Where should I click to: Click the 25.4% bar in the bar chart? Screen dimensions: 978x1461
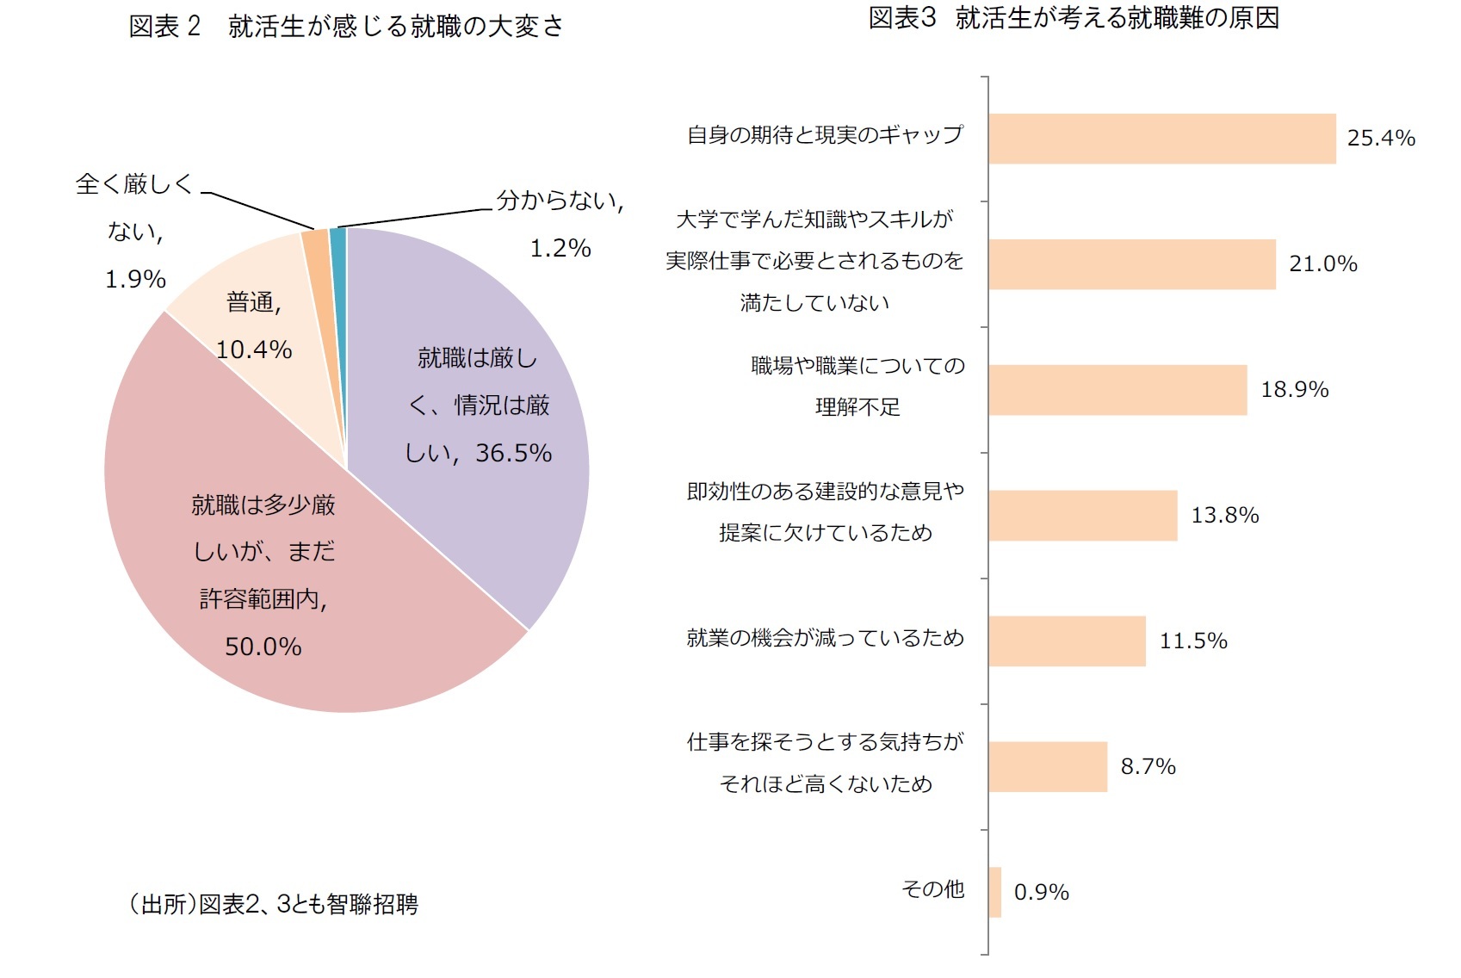[x=1161, y=139]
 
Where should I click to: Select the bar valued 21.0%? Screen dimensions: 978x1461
[x=1131, y=264]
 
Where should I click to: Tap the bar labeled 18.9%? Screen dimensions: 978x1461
[x=1117, y=390]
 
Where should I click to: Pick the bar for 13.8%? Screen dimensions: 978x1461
[x=1082, y=516]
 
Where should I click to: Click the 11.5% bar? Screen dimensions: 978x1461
[x=1067, y=641]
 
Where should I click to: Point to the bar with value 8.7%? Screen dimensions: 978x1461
[x=1047, y=767]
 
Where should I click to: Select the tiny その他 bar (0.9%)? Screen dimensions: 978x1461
[x=995, y=892]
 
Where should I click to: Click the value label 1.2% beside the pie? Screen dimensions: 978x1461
[x=560, y=249]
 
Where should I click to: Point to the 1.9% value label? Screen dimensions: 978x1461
[x=135, y=280]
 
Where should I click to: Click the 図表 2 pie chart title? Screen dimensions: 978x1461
[x=346, y=27]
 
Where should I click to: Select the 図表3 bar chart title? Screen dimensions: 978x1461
[x=1074, y=18]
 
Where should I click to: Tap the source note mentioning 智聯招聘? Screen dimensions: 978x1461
[x=273, y=904]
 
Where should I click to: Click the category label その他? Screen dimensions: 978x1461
[x=932, y=889]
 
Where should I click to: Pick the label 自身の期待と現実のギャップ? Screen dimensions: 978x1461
[x=825, y=135]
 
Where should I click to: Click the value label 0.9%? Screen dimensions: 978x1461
[x=1041, y=893]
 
